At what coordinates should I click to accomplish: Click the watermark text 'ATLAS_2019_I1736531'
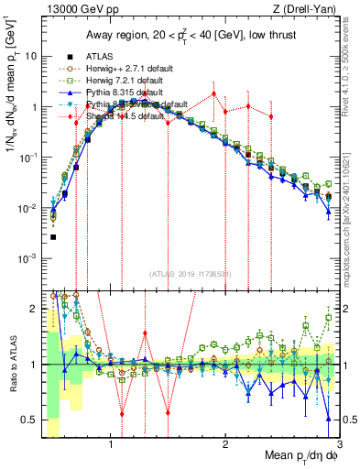[190, 275]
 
